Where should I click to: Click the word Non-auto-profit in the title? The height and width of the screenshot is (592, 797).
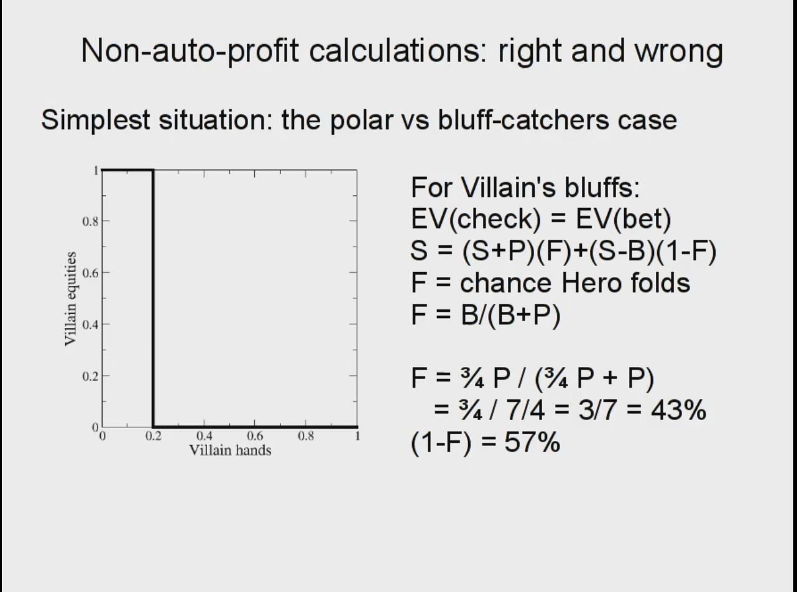click(x=190, y=51)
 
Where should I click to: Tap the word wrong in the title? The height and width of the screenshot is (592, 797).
click(x=679, y=52)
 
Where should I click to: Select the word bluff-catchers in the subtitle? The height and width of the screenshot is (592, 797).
click(x=523, y=120)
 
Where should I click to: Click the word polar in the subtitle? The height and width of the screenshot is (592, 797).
click(x=361, y=121)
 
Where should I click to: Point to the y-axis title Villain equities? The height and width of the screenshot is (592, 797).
click(x=70, y=299)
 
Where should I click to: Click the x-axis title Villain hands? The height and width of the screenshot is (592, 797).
click(x=230, y=450)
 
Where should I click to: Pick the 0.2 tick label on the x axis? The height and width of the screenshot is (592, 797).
click(x=154, y=437)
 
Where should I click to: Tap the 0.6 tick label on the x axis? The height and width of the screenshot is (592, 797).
click(x=255, y=437)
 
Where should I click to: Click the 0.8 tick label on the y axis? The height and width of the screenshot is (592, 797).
click(x=90, y=221)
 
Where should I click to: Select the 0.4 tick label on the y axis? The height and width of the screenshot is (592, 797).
click(x=90, y=324)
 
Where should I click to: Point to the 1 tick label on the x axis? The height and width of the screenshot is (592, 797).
click(x=357, y=437)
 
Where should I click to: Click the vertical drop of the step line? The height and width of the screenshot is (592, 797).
click(x=154, y=299)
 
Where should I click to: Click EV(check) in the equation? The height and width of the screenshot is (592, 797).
click(x=476, y=219)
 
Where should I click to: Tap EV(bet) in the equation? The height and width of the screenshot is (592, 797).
click(x=624, y=219)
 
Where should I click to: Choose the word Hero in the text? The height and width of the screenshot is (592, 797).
click(x=591, y=283)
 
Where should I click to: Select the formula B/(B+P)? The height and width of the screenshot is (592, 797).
click(x=510, y=316)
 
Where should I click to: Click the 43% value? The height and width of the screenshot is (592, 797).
click(x=678, y=410)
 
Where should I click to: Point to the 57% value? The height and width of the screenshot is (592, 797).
click(x=532, y=442)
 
